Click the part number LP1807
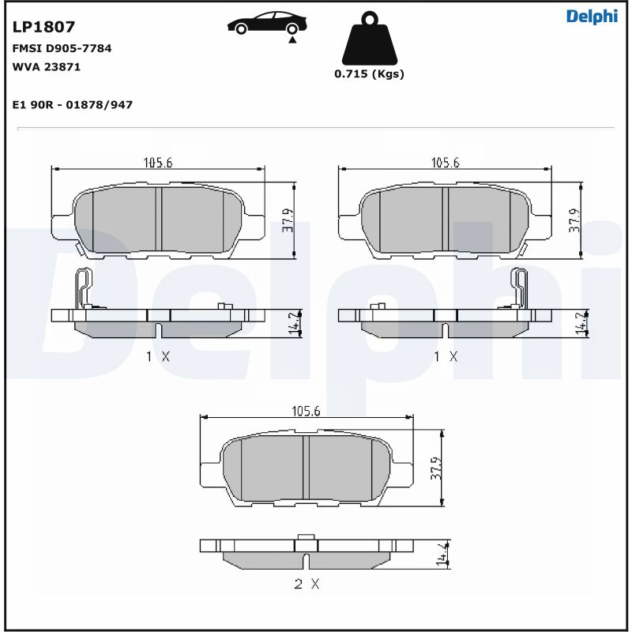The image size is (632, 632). coord(44,27)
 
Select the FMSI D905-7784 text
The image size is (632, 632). coord(62,48)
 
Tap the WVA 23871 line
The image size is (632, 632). coord(47,67)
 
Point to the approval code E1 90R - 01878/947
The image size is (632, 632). coord(73,104)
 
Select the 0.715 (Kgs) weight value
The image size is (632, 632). coord(369,74)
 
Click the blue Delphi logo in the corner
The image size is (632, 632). coord(592,17)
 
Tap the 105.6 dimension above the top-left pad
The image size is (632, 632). coord(157,163)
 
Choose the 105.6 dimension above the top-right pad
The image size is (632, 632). coord(445,163)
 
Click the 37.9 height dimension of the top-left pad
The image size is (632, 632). coord(287,221)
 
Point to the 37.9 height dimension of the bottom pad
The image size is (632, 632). coord(434,468)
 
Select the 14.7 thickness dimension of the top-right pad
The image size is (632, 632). coord(580,324)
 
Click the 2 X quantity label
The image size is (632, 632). coord(306,585)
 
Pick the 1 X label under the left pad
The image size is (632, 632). coord(157,356)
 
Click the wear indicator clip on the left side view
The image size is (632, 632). coord(82,288)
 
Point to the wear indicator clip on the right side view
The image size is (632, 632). coord(520,288)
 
